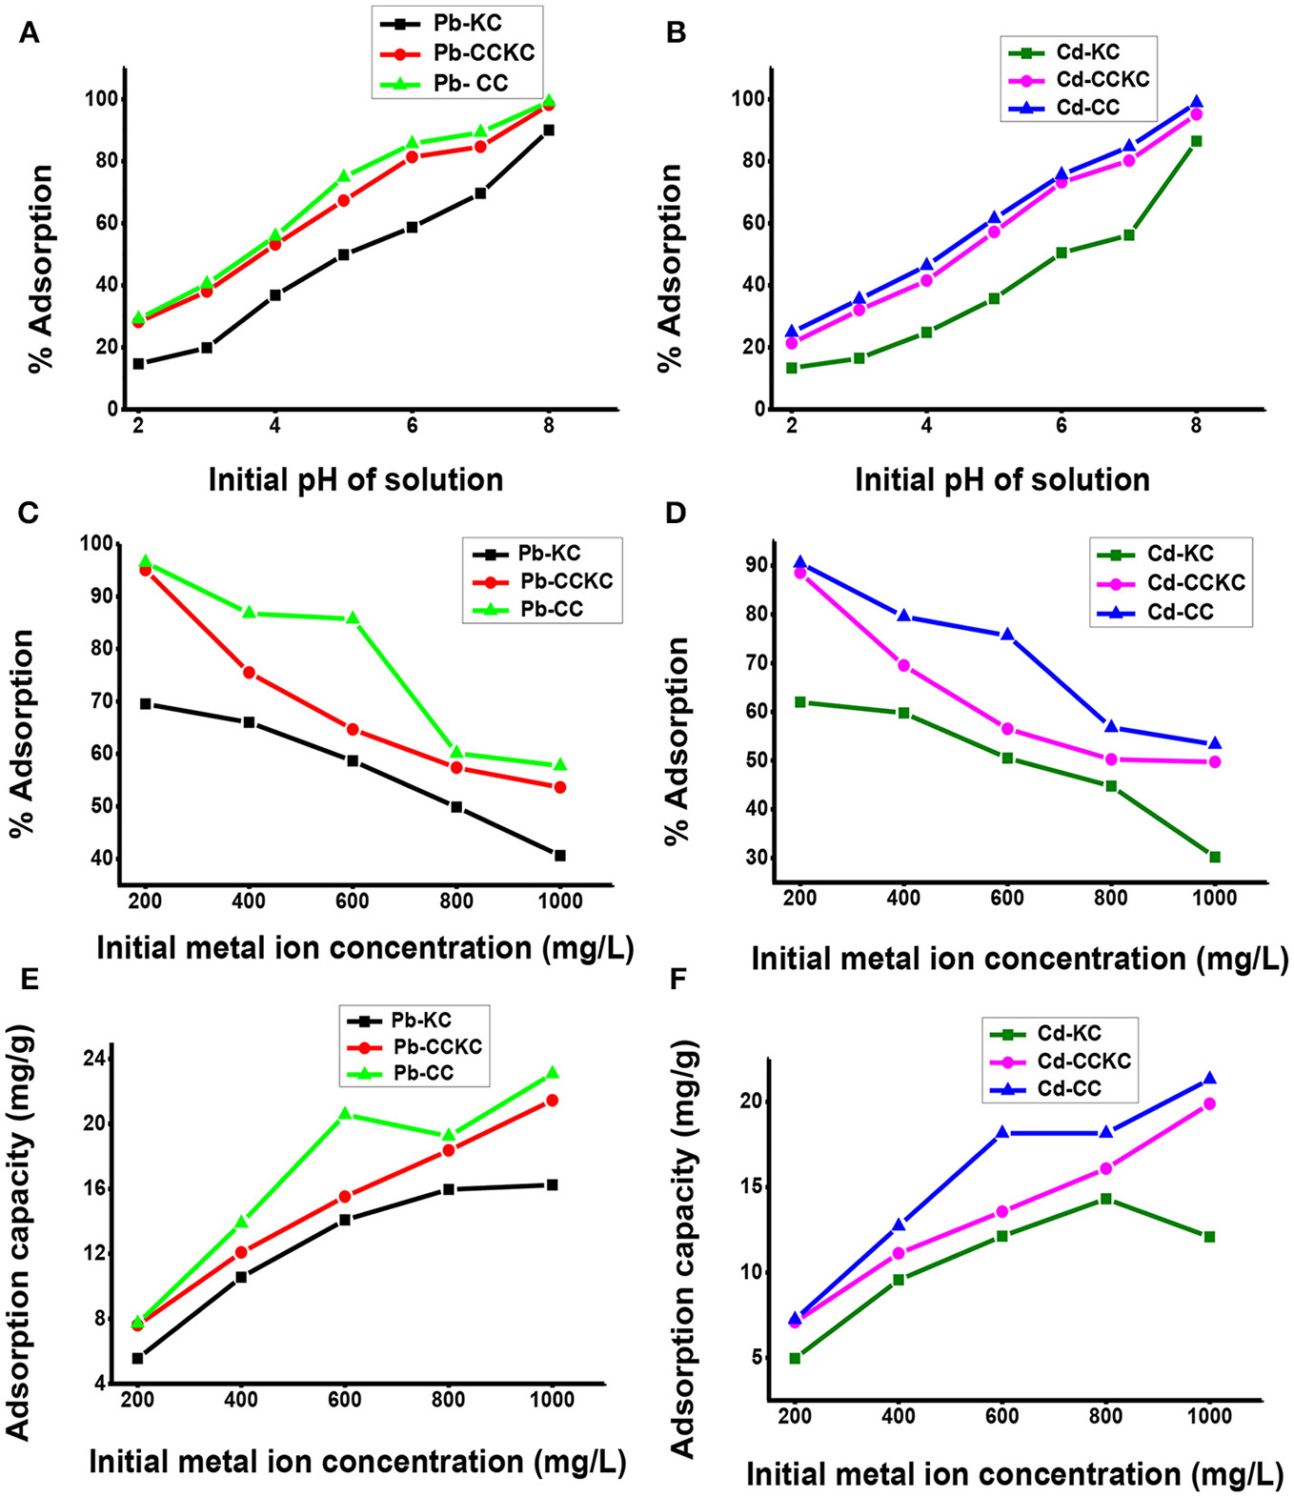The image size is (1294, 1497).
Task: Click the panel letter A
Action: [x=30, y=34]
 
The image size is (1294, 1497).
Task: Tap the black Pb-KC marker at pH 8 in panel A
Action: [x=549, y=131]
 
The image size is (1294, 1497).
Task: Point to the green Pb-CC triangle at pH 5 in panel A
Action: [x=343, y=176]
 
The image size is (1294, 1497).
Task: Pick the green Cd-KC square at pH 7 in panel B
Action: [x=1128, y=234]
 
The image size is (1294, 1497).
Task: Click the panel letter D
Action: [x=676, y=514]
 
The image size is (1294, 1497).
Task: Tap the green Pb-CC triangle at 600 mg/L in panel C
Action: [x=353, y=617]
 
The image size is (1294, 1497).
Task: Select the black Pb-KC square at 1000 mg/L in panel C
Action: [x=559, y=856]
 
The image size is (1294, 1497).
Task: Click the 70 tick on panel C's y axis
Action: [x=99, y=701]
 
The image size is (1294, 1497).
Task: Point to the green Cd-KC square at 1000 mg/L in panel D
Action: [x=1214, y=857]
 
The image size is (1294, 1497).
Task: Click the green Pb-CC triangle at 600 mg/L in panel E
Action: [x=344, y=1114]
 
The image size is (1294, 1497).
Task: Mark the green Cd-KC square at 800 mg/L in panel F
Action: [x=1105, y=1198]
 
